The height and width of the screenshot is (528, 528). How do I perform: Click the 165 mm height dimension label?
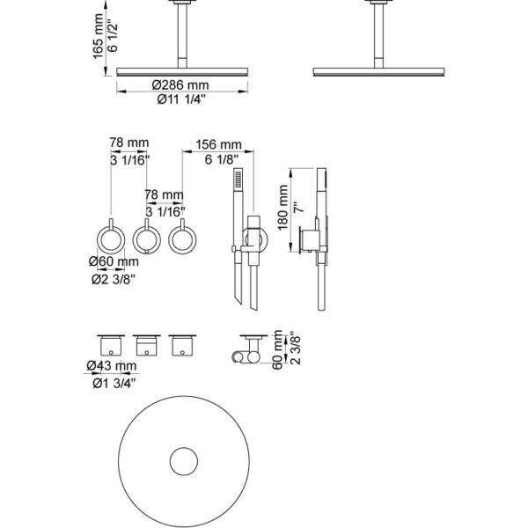coord(98,36)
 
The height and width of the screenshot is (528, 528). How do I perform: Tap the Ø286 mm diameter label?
coord(180,84)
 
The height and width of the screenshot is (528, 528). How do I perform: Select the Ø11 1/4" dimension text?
coord(181,99)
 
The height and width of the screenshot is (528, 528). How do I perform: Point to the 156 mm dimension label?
coord(219,144)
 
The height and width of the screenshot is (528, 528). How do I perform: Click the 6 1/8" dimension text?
coord(222,159)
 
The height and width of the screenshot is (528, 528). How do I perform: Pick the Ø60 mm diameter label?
coord(114,261)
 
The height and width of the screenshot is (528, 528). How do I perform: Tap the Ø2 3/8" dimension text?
coord(114,279)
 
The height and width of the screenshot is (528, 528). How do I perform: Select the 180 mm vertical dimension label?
coord(282,208)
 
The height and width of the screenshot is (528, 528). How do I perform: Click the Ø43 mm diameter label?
coord(112,366)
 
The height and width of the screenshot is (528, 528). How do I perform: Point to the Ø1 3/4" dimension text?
coord(114,383)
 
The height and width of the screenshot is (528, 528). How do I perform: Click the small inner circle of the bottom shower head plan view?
coord(184,461)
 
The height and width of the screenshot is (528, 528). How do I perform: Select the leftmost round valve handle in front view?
coord(111,239)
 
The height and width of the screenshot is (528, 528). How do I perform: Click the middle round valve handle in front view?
coord(147,239)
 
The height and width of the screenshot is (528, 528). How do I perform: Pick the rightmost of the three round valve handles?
coord(182,239)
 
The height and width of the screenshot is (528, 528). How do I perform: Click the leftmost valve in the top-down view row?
coord(111,346)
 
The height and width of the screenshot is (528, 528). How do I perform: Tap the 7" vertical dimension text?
coord(298,207)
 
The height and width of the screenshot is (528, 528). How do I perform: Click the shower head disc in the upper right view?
coord(378,72)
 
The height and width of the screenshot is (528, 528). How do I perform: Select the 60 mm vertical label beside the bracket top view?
coord(278,349)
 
